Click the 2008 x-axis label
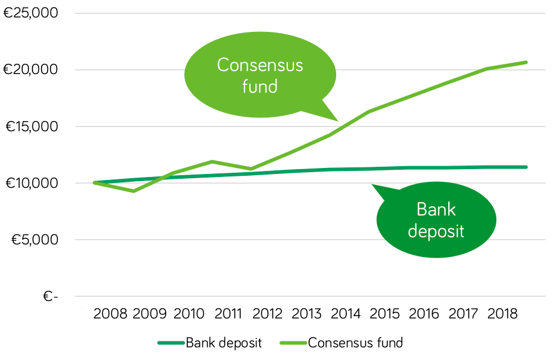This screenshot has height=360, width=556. pos(110,314)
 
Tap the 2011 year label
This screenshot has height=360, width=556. pos(228,314)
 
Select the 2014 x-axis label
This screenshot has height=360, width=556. pos(346,314)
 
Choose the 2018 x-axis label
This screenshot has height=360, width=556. pos(503,314)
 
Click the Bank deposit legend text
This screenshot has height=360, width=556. pos(223,343)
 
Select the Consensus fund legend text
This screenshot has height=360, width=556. pos(355,343)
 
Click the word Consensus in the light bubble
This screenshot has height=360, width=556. pos(260,65)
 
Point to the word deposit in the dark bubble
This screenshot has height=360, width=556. pos(436,231)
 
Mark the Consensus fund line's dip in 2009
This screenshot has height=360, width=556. pos(133,191)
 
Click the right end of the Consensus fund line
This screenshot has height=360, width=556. pos(526,62)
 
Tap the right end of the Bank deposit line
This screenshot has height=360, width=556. pos(526,167)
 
